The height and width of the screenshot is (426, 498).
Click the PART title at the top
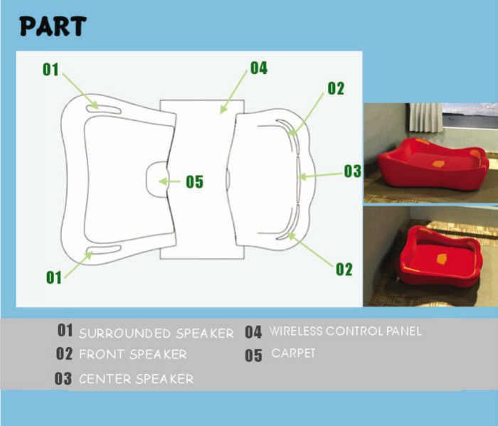[53, 26]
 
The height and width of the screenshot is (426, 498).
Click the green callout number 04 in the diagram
[259, 68]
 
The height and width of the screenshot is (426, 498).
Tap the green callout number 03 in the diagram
[353, 171]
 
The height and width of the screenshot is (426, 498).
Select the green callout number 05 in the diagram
[194, 182]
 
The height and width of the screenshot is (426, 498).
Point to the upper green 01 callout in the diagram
[51, 70]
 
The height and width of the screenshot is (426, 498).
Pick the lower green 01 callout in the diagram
[53, 277]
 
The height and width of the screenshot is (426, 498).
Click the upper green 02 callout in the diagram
[336, 89]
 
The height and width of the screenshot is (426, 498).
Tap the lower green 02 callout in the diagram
[344, 270]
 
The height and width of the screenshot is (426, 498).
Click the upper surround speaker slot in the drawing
[104, 109]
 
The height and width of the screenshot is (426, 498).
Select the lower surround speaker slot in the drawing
[104, 250]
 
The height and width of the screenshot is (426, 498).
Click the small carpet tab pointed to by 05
[157, 179]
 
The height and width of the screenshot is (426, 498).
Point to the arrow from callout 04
[234, 92]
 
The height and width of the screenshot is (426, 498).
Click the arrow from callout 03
[321, 176]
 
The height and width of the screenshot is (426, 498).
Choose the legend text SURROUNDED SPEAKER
[157, 334]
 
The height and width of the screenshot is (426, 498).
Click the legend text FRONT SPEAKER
[133, 354]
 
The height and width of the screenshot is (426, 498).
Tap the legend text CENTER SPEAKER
[136, 378]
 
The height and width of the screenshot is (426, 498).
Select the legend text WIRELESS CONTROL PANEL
[345, 331]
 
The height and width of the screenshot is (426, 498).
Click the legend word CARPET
[293, 353]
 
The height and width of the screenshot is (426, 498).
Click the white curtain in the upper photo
[426, 117]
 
